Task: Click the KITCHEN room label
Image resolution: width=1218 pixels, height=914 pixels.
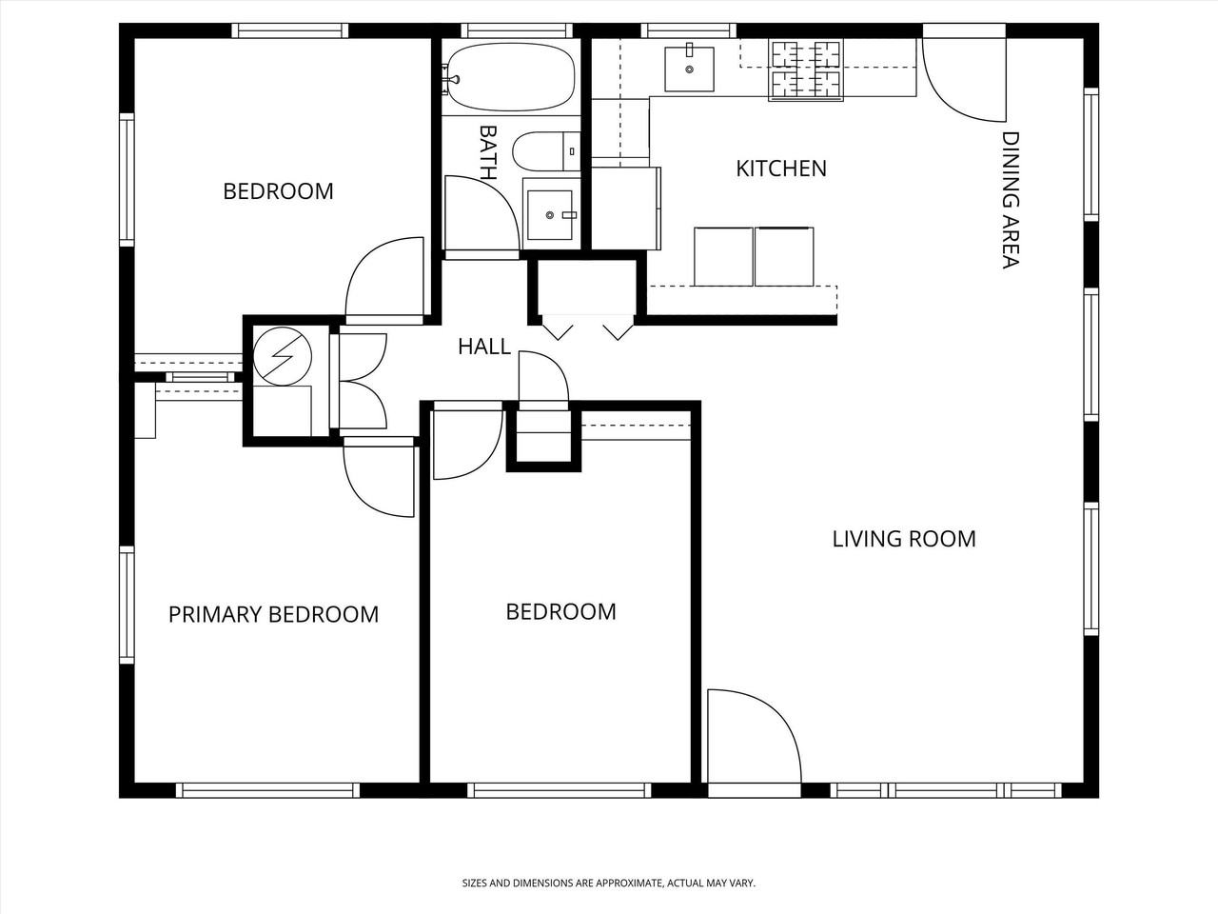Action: [x=781, y=169]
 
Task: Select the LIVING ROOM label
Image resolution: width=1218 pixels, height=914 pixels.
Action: [x=904, y=539]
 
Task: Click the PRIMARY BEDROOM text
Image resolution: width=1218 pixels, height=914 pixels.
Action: [x=273, y=614]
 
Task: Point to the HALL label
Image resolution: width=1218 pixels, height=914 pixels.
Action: [x=483, y=347]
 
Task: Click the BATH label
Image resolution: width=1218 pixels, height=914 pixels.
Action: [x=487, y=152]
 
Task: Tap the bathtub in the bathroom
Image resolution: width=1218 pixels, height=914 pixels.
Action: [x=511, y=77]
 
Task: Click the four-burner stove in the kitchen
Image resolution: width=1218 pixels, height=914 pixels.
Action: [x=805, y=70]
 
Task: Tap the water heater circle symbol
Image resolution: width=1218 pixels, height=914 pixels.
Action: [x=283, y=357]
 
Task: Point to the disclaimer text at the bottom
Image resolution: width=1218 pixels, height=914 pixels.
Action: [x=608, y=884]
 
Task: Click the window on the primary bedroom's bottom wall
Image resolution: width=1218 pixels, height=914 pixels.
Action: [x=266, y=789]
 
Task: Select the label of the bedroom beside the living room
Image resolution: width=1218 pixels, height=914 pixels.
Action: [x=560, y=611]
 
